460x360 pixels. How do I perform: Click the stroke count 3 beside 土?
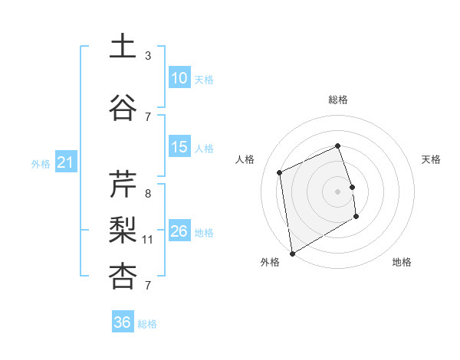pyautogui.click(x=148, y=56)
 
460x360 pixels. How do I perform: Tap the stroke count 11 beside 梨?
pyautogui.click(x=148, y=240)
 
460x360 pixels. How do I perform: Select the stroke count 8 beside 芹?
pyautogui.click(x=148, y=194)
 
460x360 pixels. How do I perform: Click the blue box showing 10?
pyautogui.click(x=179, y=78)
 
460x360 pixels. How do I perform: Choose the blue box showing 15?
pyautogui.click(x=179, y=147)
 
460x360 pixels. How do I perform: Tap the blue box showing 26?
pyautogui.click(x=179, y=231)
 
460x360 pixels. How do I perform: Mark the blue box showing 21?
pyautogui.click(x=65, y=162)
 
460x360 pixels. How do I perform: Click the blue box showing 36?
pyautogui.click(x=122, y=322)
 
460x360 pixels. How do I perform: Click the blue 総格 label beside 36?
pyautogui.click(x=147, y=324)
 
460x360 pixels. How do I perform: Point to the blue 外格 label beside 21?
pyautogui.click(x=41, y=164)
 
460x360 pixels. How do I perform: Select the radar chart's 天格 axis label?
pyautogui.click(x=431, y=159)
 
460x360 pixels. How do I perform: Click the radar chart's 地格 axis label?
pyautogui.click(x=402, y=262)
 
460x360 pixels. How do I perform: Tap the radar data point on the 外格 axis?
pyautogui.click(x=292, y=253)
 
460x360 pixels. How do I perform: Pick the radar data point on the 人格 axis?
pyautogui.click(x=280, y=172)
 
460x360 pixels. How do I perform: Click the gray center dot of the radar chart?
pyautogui.click(x=337, y=191)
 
